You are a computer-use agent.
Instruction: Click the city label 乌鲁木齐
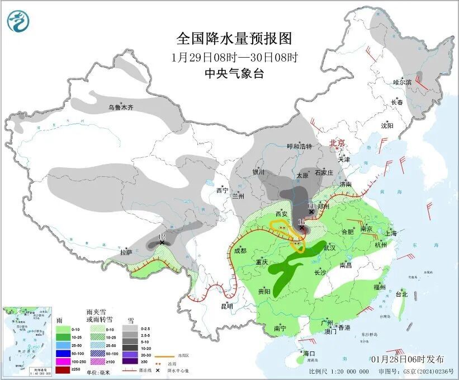(121, 107)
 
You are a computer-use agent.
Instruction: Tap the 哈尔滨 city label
(401, 82)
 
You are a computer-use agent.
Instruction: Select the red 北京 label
(338, 143)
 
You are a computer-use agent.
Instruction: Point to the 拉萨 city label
(126, 252)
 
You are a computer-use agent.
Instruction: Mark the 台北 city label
(401, 294)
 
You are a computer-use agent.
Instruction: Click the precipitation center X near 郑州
(311, 212)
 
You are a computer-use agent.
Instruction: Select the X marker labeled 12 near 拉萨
(162, 242)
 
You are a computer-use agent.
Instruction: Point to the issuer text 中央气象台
(234, 73)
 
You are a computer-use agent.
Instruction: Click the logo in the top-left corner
(18, 22)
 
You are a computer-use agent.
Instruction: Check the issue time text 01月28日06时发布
(407, 359)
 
